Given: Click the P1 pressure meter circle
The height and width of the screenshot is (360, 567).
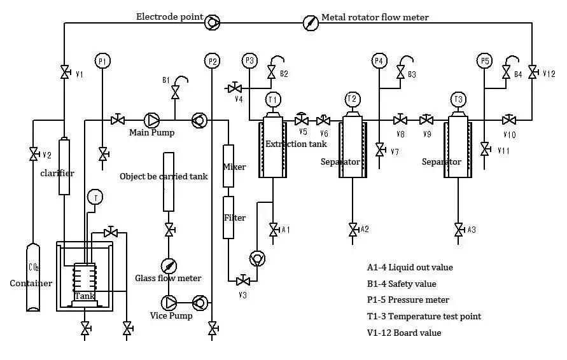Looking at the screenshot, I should point(102,61).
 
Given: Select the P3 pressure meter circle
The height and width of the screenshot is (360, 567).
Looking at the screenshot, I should point(249,61).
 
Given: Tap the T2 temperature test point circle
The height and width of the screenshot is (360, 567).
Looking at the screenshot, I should point(352,99).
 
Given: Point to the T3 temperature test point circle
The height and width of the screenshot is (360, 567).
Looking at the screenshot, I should point(458,99).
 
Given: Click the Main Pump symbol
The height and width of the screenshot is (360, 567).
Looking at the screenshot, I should point(153,120).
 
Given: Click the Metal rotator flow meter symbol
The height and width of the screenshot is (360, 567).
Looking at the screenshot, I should point(310,23).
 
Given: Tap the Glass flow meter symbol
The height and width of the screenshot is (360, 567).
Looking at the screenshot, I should point(169,266).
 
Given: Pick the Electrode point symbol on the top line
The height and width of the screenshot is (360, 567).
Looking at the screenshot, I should point(213,23).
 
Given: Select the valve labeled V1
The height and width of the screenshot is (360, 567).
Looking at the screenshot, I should point(64,73).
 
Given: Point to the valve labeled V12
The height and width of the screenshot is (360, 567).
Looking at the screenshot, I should point(533,73).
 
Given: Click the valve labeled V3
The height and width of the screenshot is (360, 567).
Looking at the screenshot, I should point(242,280).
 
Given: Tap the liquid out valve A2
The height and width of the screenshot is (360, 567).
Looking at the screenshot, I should point(352,230).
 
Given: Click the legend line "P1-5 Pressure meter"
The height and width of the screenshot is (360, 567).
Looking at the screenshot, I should point(408,300).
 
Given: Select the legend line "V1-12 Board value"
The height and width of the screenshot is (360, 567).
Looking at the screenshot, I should point(404,333).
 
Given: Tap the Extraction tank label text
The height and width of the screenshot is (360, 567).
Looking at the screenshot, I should point(296,144).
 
